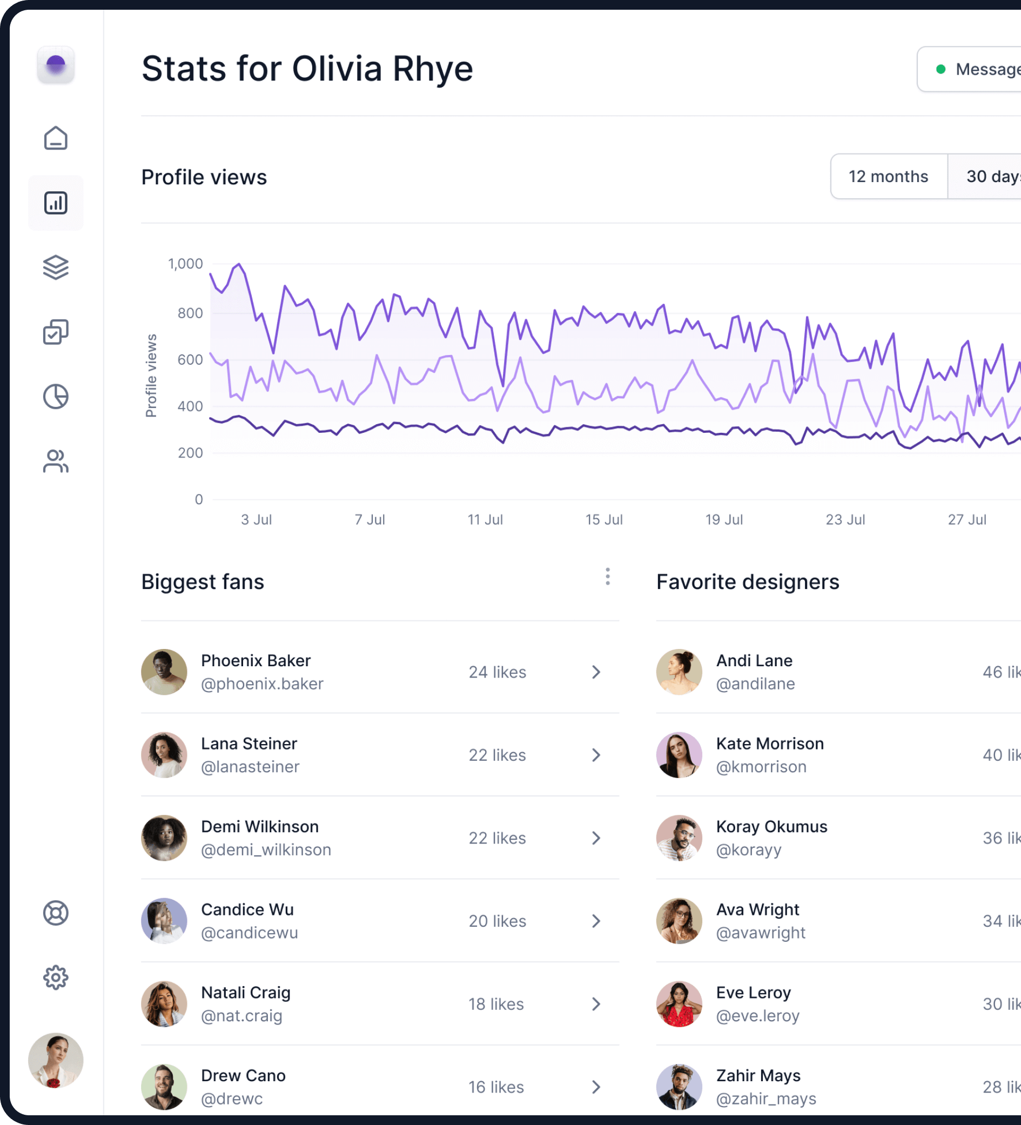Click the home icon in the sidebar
pyautogui.click(x=56, y=138)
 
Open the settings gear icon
pyautogui.click(x=56, y=977)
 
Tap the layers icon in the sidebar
pyautogui.click(x=56, y=267)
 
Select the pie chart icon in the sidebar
pyautogui.click(x=56, y=397)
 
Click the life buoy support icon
pyautogui.click(x=56, y=913)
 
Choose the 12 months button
pyautogui.click(x=888, y=176)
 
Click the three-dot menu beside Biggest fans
pyautogui.click(x=608, y=577)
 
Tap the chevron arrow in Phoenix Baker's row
pyautogui.click(x=596, y=672)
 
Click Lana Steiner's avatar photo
pyautogui.click(x=164, y=755)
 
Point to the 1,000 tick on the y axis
pyautogui.click(x=185, y=264)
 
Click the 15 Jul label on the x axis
pyautogui.click(x=603, y=519)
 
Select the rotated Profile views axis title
pyautogui.click(x=151, y=376)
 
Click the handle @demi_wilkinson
pyautogui.click(x=266, y=849)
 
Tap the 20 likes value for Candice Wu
pyautogui.click(x=497, y=921)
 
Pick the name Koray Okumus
pyautogui.click(x=771, y=826)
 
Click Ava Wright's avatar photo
pyautogui.click(x=679, y=921)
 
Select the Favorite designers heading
pyautogui.click(x=748, y=581)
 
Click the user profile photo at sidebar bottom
pyautogui.click(x=56, y=1060)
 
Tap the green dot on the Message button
pyautogui.click(x=941, y=69)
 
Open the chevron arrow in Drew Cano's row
pyautogui.click(x=596, y=1087)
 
